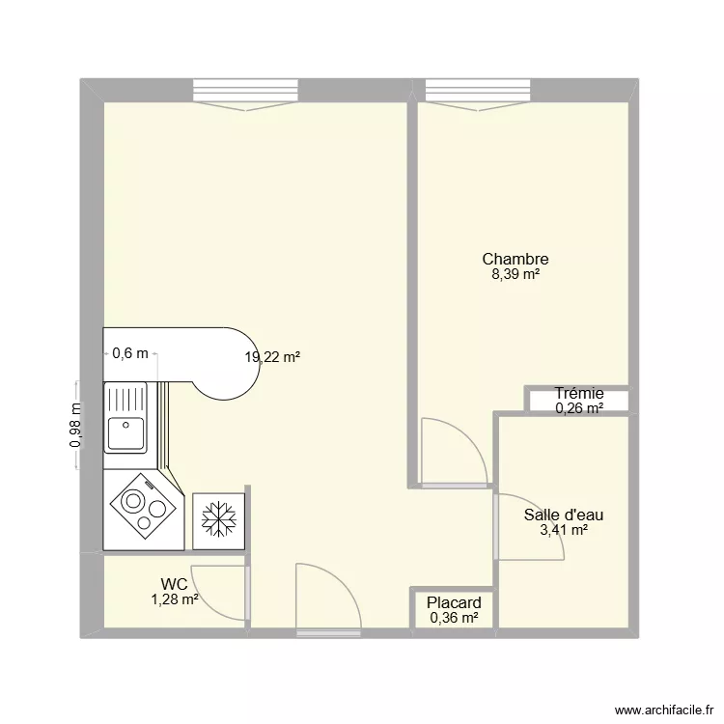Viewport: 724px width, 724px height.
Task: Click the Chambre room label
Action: (x=515, y=259)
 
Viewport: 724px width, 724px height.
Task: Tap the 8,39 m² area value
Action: (x=515, y=274)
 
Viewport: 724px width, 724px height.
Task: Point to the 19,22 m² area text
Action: (x=272, y=356)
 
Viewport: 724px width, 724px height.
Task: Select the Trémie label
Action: (x=579, y=393)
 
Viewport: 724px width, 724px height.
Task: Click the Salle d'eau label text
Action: (x=564, y=515)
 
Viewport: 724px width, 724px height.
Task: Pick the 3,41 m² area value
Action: (x=564, y=529)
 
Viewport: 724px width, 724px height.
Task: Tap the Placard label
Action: (x=455, y=603)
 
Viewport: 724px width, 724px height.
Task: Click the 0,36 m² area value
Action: (x=455, y=618)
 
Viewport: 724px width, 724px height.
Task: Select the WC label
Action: (x=175, y=584)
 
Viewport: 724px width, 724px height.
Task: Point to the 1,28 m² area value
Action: (x=175, y=599)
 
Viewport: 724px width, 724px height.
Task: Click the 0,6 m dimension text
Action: (x=130, y=353)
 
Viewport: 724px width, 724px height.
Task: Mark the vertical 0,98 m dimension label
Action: (x=74, y=426)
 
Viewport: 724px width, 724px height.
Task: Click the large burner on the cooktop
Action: (x=133, y=503)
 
